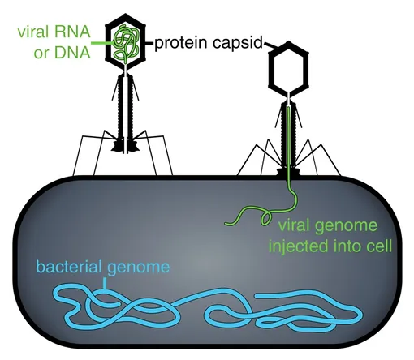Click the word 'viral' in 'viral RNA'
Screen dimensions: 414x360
click(x=33, y=32)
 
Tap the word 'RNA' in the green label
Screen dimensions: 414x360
click(x=71, y=32)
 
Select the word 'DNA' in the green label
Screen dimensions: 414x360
click(x=72, y=52)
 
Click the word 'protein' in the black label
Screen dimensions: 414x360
click(x=181, y=43)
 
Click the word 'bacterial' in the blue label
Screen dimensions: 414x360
click(x=69, y=267)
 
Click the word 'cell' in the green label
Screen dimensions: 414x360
click(x=381, y=246)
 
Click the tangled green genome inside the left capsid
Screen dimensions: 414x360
click(x=126, y=43)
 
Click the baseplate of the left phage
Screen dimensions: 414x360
click(x=125, y=146)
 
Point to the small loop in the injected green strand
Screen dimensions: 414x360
click(x=266, y=218)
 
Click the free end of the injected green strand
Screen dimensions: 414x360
click(x=226, y=224)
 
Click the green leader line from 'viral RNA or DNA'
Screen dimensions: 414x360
click(x=103, y=43)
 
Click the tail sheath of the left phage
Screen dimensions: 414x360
click(x=126, y=107)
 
